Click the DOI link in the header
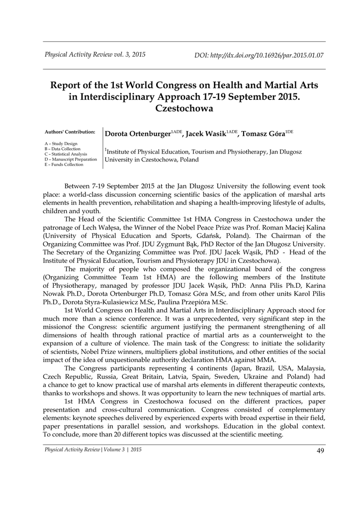[259, 55]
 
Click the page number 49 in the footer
[321, 451]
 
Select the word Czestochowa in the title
[184, 108]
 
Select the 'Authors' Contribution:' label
[70, 132]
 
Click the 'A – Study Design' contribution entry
[61, 144]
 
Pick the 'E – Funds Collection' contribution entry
[64, 165]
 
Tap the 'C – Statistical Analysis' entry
[66, 154]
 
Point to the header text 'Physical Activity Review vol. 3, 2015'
[95, 55]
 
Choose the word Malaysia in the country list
[308, 368]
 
